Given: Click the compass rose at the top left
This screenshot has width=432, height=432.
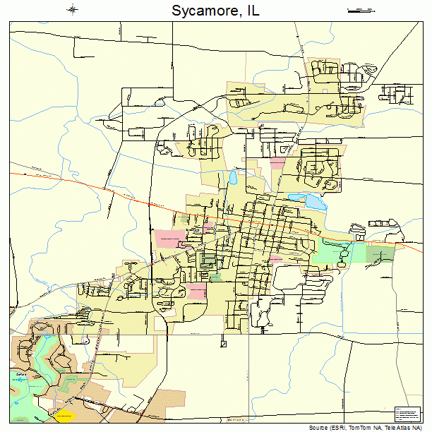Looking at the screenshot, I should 73,10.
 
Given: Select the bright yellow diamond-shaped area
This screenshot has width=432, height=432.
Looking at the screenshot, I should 64,415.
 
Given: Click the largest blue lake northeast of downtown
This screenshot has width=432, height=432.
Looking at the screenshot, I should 313,201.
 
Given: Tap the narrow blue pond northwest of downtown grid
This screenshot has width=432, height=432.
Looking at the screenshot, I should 232,177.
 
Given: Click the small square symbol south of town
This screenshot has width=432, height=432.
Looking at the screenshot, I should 223,344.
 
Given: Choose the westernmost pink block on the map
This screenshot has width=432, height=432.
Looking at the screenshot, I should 167,237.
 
